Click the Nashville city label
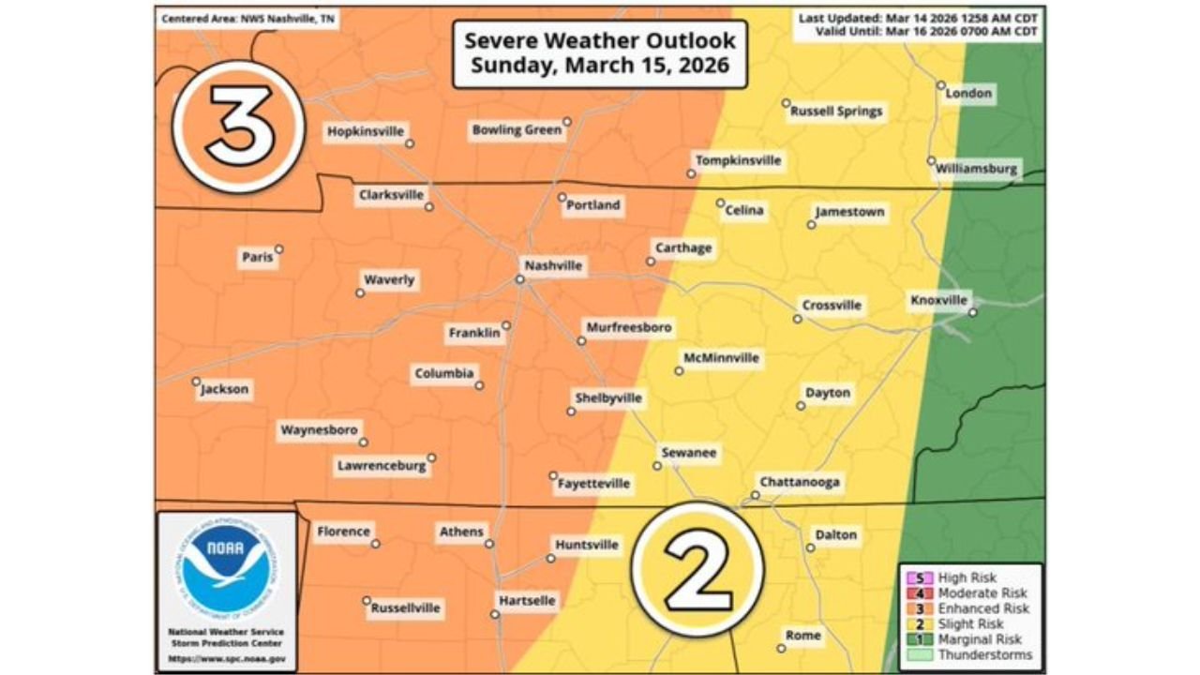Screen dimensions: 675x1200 point(553,266)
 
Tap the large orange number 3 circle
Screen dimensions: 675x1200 point(239,126)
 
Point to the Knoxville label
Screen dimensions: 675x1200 point(938,300)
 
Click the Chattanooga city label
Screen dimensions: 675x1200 point(800,483)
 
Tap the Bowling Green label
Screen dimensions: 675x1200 point(517,130)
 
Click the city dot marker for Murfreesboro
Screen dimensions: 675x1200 point(581,341)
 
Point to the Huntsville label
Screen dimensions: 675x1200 point(587,545)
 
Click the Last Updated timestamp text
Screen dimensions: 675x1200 point(918,18)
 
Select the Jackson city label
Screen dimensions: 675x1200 point(225,389)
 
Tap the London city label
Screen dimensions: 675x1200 point(968,94)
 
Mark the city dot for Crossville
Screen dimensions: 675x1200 point(797,320)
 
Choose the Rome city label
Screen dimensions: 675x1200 point(803,636)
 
